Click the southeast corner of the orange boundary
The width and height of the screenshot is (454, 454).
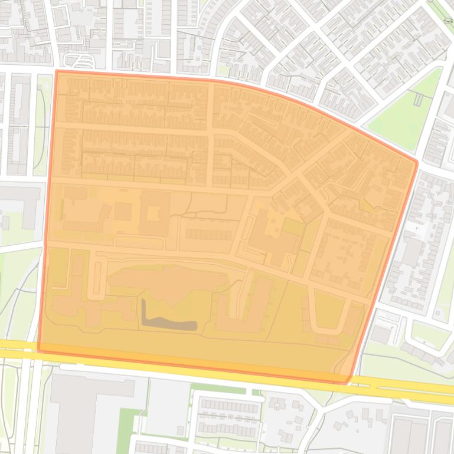pyautogui.click(x=347, y=381)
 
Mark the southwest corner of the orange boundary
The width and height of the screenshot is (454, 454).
pyautogui.click(x=39, y=350)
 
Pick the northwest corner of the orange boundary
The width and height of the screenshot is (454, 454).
pyautogui.click(x=57, y=72)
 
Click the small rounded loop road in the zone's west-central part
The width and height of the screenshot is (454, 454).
pyautogui.click(x=139, y=242)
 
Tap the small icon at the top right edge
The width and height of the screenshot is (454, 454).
pyautogui.click(x=448, y=21)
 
